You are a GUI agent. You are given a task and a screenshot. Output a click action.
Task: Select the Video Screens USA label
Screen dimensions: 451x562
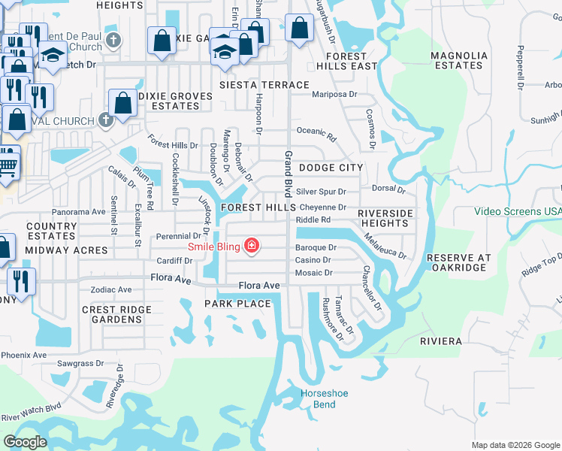tap(518, 211)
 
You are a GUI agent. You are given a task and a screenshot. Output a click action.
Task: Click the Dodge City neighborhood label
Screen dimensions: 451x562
tap(331, 168)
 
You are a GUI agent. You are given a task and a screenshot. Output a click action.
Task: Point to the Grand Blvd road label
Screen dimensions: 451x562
tap(287, 174)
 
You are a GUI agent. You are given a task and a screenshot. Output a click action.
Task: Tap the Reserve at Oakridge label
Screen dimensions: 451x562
tap(458, 262)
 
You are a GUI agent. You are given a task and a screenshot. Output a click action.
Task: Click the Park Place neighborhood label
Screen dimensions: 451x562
tap(237, 303)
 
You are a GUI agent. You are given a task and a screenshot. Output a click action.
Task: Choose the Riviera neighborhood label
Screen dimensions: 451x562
tap(441, 341)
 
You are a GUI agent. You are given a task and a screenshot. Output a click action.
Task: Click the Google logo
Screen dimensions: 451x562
tap(25, 442)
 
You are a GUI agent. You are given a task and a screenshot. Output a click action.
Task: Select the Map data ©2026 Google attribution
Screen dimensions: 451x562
tap(516, 445)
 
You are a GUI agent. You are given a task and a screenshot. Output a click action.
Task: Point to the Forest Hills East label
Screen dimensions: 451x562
tap(346, 61)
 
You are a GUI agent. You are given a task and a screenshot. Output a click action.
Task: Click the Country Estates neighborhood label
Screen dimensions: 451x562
tap(51, 231)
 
